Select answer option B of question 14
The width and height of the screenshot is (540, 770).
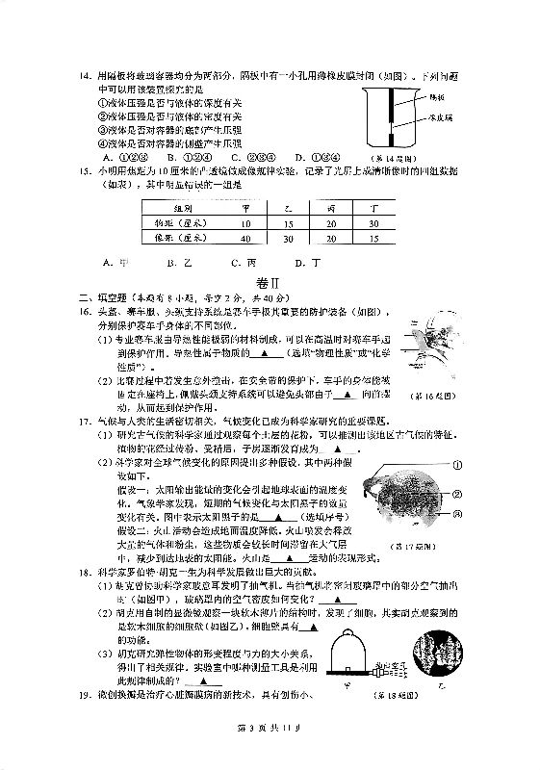[171, 157]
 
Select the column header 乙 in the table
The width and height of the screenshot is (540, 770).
[272, 206]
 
